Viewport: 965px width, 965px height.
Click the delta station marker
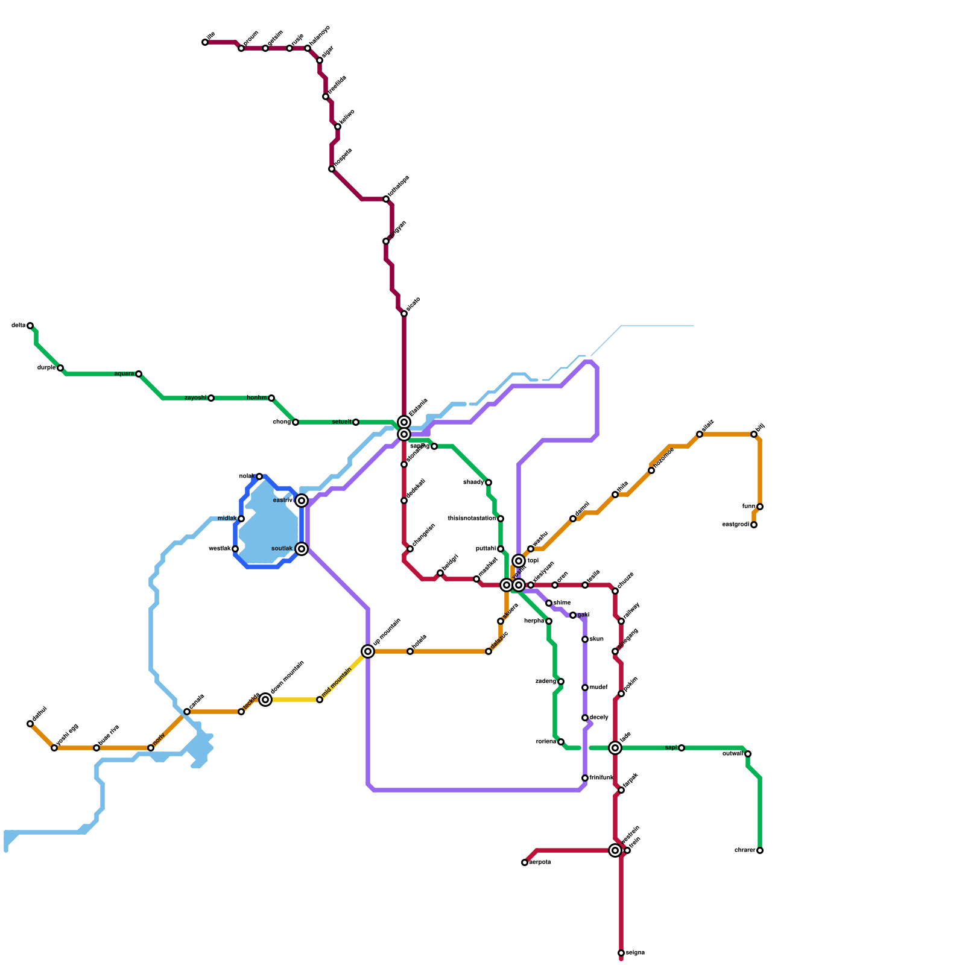coord(30,326)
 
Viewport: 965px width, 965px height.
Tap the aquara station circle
coord(139,374)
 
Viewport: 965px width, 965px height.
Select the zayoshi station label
coord(195,398)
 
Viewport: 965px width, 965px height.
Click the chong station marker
coord(296,422)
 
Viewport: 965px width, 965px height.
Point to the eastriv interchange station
coord(302,501)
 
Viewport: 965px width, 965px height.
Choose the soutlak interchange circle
coord(302,549)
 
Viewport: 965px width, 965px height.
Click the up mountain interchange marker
coord(368,651)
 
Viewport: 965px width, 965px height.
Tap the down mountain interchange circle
coord(265,700)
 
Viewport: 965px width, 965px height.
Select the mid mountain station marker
coord(320,700)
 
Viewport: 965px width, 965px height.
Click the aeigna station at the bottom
coord(621,953)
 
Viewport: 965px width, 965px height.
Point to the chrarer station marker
coord(760,850)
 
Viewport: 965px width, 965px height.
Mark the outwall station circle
coord(748,754)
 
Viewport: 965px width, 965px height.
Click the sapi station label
coord(671,748)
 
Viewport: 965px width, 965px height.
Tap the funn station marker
coord(760,507)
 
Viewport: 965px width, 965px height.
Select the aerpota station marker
coord(525,862)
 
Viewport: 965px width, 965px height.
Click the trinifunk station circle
coord(585,778)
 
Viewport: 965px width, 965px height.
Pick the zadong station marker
coord(561,682)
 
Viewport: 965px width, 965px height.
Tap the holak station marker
coord(259,476)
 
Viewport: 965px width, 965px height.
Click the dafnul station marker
coord(30,724)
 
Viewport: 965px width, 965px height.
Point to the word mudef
coord(598,688)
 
